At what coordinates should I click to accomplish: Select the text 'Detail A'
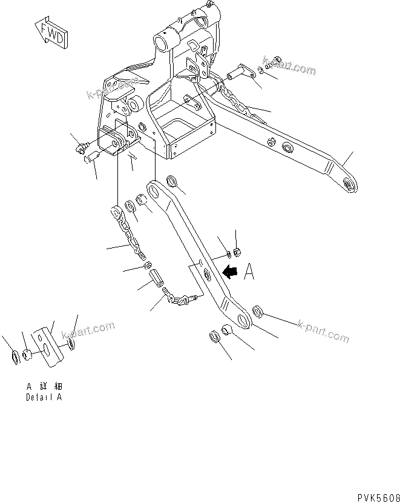pos(44,398)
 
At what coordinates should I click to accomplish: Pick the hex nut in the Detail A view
pos(27,354)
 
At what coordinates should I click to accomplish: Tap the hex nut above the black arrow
pos(237,250)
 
